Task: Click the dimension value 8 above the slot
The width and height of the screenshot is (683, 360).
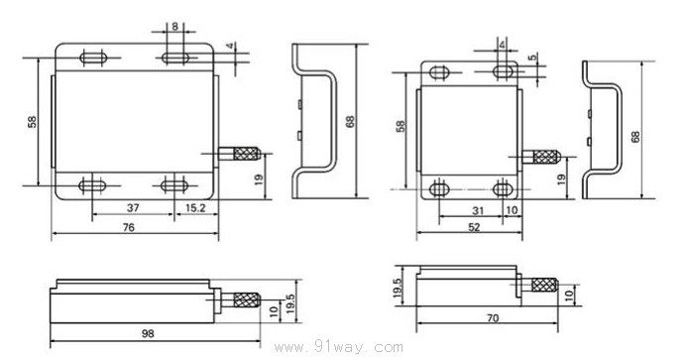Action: pyautogui.click(x=174, y=27)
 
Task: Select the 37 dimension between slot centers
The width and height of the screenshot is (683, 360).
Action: pyautogui.click(x=133, y=208)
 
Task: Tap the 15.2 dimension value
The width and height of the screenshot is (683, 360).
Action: pyautogui.click(x=195, y=208)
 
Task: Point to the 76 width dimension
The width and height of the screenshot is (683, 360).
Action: pyautogui.click(x=129, y=227)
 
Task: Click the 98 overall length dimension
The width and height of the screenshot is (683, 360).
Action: pyautogui.click(x=148, y=334)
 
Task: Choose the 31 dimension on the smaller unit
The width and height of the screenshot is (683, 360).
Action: pyautogui.click(x=478, y=210)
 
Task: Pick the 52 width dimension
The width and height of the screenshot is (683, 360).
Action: pyautogui.click(x=474, y=227)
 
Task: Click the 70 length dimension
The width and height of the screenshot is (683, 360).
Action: pyautogui.click(x=493, y=318)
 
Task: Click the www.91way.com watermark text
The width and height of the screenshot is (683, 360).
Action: pyautogui.click(x=338, y=348)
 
